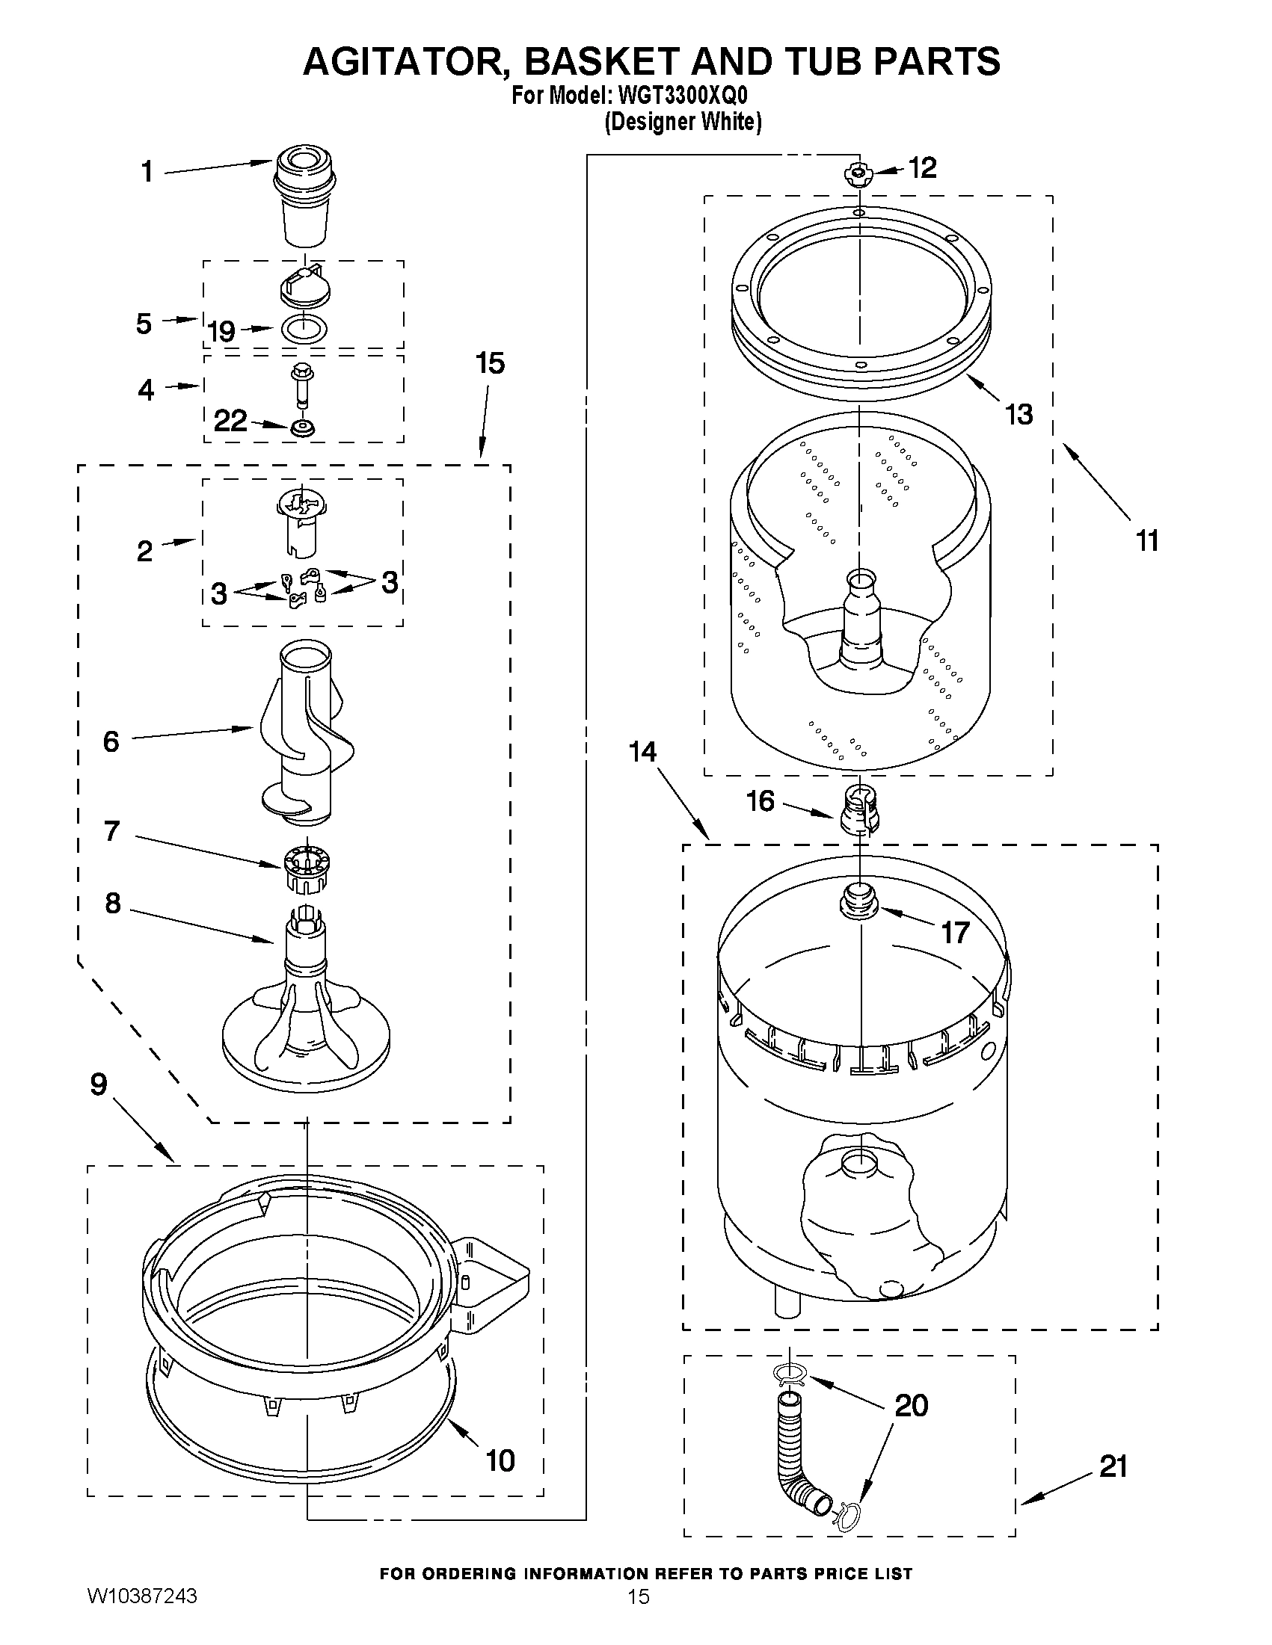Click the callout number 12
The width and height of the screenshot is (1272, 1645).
pyautogui.click(x=922, y=167)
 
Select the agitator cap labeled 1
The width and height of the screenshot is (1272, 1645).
pyautogui.click(x=304, y=197)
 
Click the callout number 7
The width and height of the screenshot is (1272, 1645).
pyautogui.click(x=112, y=831)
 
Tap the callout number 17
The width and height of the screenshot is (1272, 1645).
pyautogui.click(x=955, y=933)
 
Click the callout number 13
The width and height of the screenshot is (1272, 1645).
pyautogui.click(x=1018, y=413)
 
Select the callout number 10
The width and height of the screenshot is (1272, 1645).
pyautogui.click(x=500, y=1460)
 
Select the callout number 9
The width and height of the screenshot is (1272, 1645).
pyautogui.click(x=99, y=1084)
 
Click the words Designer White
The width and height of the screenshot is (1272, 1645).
pyautogui.click(x=683, y=122)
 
